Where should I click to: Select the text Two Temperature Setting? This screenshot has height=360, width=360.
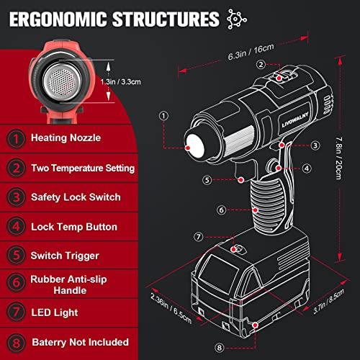[x=83, y=168]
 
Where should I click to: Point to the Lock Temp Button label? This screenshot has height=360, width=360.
[x=73, y=227]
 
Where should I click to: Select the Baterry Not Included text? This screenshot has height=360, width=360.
[x=79, y=341]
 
